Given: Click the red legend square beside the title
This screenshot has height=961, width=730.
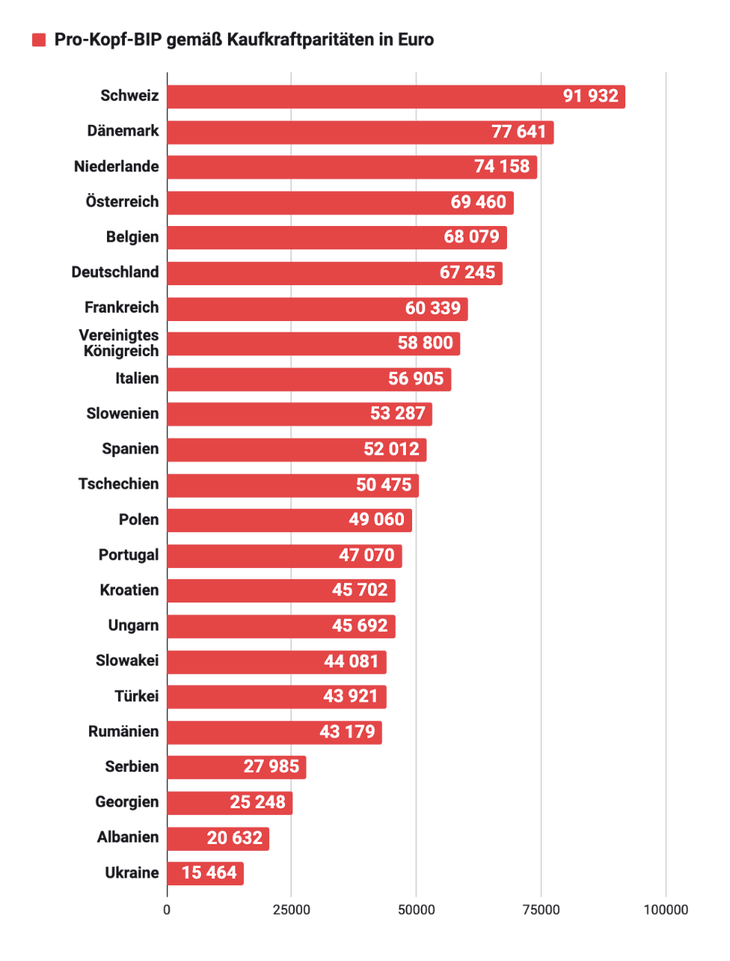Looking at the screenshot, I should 39,40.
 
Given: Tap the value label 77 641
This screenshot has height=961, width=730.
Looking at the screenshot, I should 518,132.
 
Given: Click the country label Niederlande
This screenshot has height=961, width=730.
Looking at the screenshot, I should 116,166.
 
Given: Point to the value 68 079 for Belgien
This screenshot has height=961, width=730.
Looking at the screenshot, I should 471,237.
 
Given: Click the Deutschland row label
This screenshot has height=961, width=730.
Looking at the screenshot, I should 114,272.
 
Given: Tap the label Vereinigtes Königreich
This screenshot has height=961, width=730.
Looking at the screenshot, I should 120,344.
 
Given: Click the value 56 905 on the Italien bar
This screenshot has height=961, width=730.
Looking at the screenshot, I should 415,379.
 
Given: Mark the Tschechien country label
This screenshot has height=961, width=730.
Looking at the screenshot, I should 118,484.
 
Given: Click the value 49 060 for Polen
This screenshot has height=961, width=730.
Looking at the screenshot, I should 376,519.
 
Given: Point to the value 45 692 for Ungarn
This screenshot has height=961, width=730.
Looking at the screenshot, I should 360,626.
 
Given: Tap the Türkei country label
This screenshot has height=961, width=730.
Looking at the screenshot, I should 136,696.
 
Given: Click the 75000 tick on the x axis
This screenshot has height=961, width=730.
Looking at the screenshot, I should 540,910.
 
